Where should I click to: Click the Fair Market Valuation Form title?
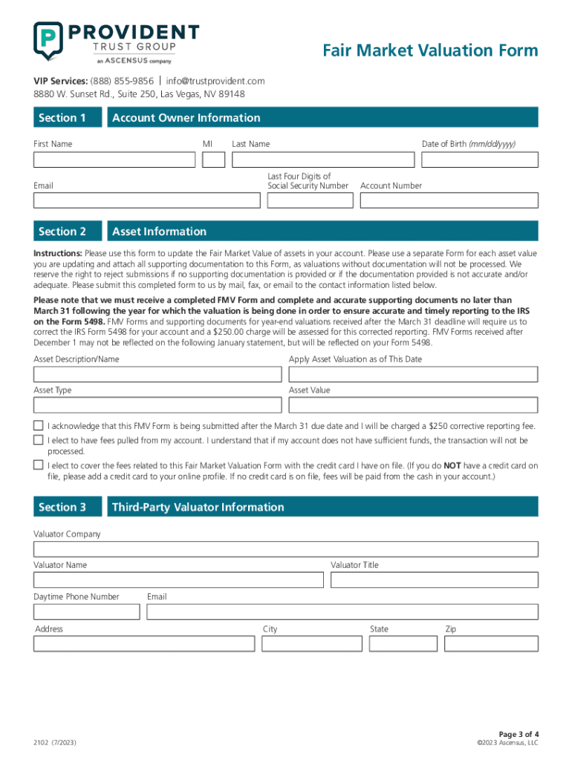(430, 50)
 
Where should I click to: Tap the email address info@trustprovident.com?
(215, 81)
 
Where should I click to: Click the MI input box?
(214, 160)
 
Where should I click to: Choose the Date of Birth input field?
(480, 160)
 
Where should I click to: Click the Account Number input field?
(449, 200)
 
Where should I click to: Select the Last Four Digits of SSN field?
(308, 200)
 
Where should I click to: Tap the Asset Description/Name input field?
(157, 375)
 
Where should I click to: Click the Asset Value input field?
(413, 405)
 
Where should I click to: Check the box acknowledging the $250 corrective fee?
(39, 426)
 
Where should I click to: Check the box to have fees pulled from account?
(39, 440)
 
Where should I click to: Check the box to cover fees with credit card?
(39, 465)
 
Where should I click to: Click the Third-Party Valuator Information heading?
(198, 508)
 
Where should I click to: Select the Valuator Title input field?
(434, 580)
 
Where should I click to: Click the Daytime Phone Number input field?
(86, 612)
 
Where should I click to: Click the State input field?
(403, 643)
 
